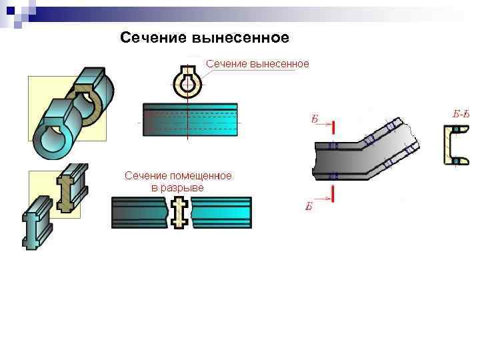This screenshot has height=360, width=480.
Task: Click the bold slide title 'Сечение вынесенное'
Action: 205,38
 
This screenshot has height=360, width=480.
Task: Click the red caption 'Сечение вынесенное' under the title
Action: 257,64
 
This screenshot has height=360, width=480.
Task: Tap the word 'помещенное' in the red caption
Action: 201,176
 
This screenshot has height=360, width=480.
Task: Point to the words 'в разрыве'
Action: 177,187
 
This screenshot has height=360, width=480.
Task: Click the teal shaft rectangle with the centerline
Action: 191,120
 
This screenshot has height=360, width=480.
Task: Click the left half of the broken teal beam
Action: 140,213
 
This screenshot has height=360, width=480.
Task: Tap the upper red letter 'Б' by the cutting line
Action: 315,120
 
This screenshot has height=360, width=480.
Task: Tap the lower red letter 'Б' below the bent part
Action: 309,206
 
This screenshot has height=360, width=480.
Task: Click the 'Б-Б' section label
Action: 461,113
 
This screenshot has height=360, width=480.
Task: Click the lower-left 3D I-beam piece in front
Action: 36,223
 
